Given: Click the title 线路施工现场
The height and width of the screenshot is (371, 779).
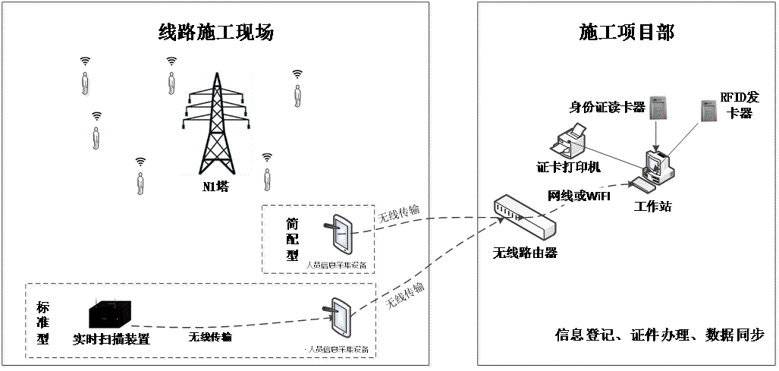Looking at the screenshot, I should click(215, 33).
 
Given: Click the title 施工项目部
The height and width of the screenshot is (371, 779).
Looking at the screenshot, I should click(627, 33).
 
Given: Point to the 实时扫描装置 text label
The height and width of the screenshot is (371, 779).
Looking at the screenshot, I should click(112, 339).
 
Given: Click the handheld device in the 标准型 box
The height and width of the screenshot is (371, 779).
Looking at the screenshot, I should click(341, 317).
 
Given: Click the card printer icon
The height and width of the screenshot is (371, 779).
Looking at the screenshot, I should click(570, 143).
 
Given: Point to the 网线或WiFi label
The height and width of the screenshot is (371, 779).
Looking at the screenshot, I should click(579, 196).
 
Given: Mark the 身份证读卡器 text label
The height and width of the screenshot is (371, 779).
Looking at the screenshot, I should click(607, 108).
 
